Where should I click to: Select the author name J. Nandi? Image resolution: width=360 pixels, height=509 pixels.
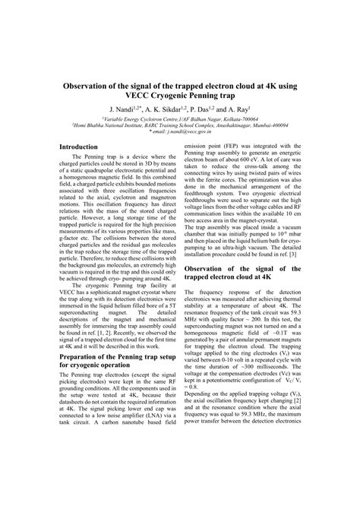[124, 110]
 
